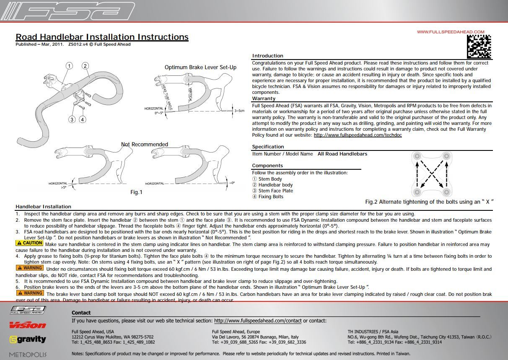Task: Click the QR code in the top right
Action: pyautogui.click(x=479, y=47)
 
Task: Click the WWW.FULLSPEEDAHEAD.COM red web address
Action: pyautogui.click(x=450, y=32)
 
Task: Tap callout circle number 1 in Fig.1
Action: pyautogui.click(x=69, y=66)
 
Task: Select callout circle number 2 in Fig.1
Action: pyautogui.click(x=85, y=66)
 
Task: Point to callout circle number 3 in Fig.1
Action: pyautogui.click(x=72, y=119)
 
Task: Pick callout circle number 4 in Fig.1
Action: pyautogui.click(x=83, y=119)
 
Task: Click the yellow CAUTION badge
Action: pyautogui.click(x=29, y=243)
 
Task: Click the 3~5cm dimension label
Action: pyautogui.click(x=239, y=111)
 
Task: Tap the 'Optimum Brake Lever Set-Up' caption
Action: pyautogui.click(x=200, y=67)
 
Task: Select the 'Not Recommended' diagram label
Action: pyautogui.click(x=145, y=145)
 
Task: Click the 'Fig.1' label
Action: pyautogui.click(x=137, y=192)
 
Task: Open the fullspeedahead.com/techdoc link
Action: pyautogui.click(x=358, y=135)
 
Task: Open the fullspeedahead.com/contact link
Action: pyautogui.click(x=258, y=321)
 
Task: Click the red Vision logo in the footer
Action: pyautogui.click(x=28, y=325)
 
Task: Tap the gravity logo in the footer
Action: pyautogui.click(x=28, y=339)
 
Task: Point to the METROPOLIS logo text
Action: pyautogui.click(x=28, y=355)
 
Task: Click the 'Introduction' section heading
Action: pyautogui.click(x=267, y=56)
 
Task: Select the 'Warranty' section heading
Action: pyautogui.click(x=264, y=98)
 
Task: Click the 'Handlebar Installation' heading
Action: pyautogui.click(x=43, y=207)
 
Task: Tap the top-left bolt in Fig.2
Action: pyautogui.click(x=417, y=156)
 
